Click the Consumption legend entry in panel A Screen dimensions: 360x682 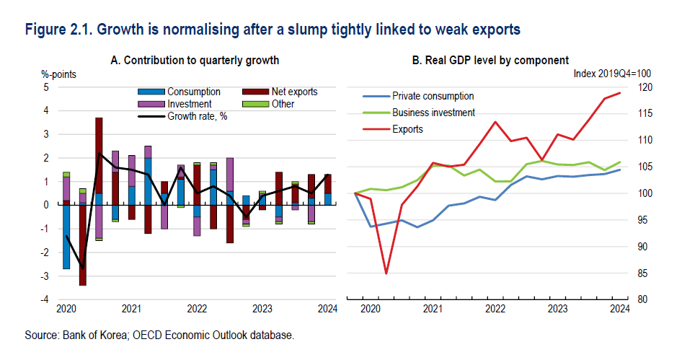click(x=193, y=92)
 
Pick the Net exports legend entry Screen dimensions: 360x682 click(x=293, y=92)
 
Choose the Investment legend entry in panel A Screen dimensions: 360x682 click(x=191, y=104)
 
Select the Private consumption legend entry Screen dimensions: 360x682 click(x=433, y=96)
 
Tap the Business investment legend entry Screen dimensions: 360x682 click(x=433, y=113)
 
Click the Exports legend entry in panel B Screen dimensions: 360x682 click(x=407, y=129)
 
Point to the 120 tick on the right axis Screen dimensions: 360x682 click(x=644, y=87)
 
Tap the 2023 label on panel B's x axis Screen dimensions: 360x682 click(x=556, y=309)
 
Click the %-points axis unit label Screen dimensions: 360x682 click(x=59, y=74)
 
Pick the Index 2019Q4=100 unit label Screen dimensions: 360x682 click(x=612, y=74)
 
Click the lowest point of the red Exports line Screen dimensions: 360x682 click(x=386, y=273)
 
